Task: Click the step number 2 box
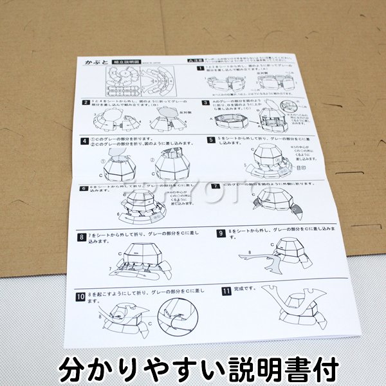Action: point(86,102)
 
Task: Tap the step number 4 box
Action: point(84,140)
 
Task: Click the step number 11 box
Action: point(226,291)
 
